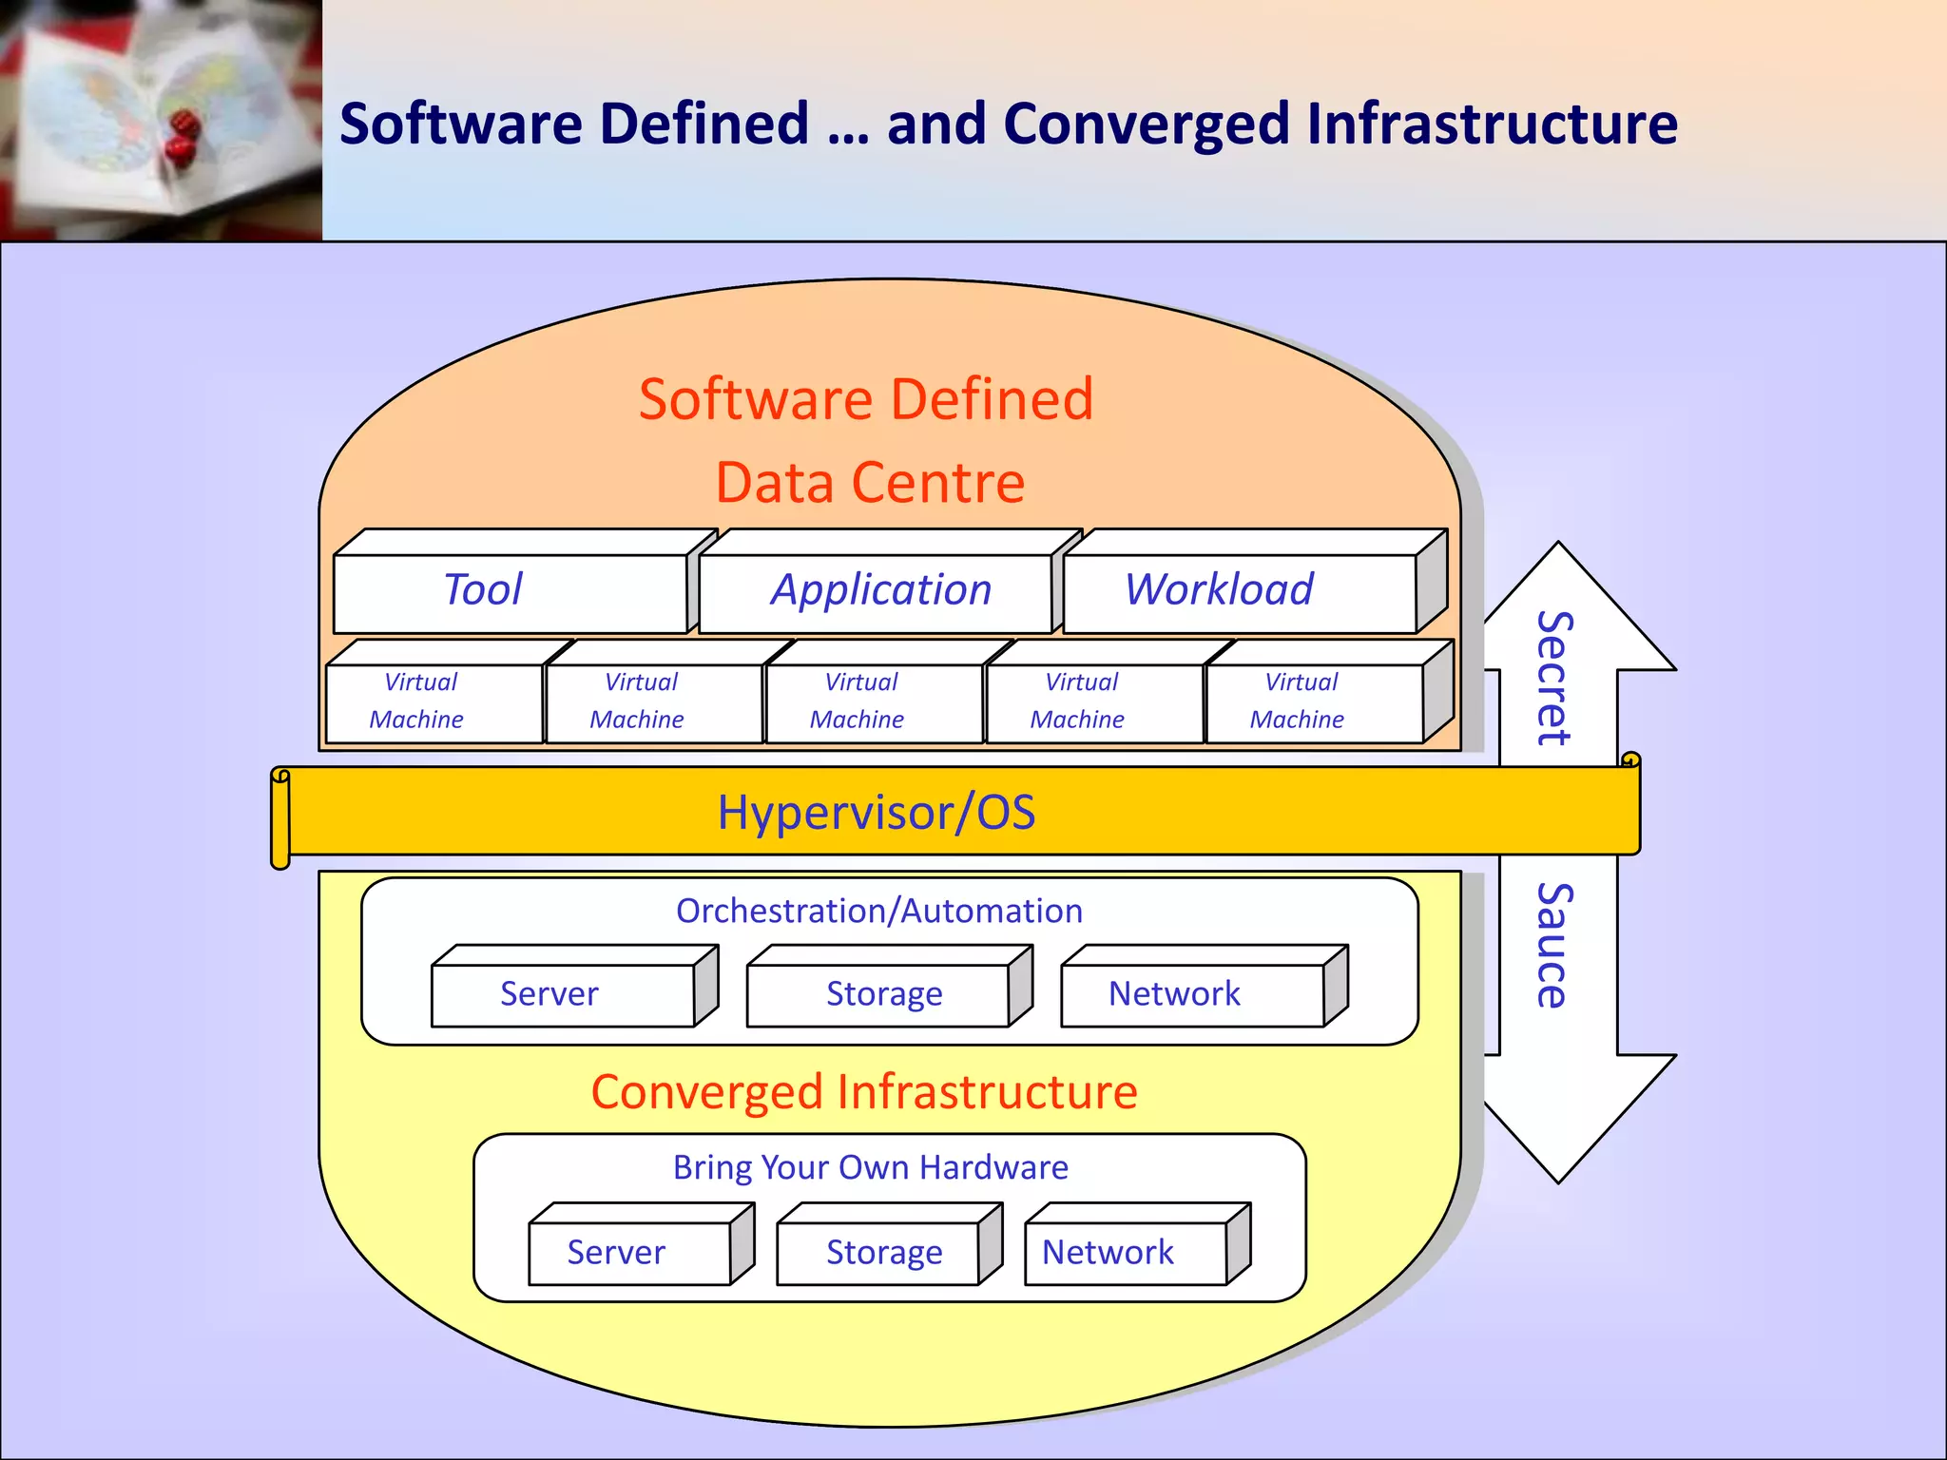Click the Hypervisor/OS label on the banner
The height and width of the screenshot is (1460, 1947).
click(876, 813)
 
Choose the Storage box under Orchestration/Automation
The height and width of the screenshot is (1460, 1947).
click(878, 994)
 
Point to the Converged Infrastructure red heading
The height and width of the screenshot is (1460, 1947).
click(864, 1092)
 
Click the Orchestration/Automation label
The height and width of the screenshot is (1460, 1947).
click(879, 912)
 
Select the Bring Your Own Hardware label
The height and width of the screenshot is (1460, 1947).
click(871, 1167)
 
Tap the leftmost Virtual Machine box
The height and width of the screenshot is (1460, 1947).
click(434, 702)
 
